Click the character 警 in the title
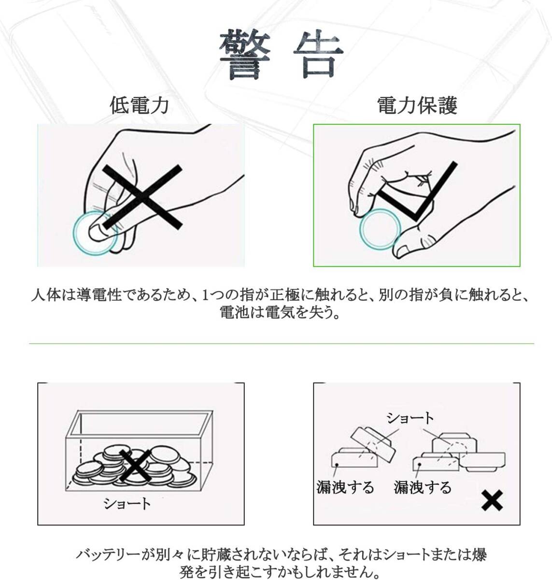tap(245, 55)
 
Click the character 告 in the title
tap(318, 55)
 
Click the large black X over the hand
tap(142, 197)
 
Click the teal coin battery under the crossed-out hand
tap(96, 233)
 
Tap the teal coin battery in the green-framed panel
tap(380, 229)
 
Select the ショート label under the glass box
tap(127, 504)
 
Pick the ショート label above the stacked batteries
tap(410, 418)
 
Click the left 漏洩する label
tap(345, 487)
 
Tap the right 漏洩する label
tap(423, 487)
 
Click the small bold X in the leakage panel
tap(492, 500)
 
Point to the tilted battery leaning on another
tap(373, 445)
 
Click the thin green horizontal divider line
tap(282, 344)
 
